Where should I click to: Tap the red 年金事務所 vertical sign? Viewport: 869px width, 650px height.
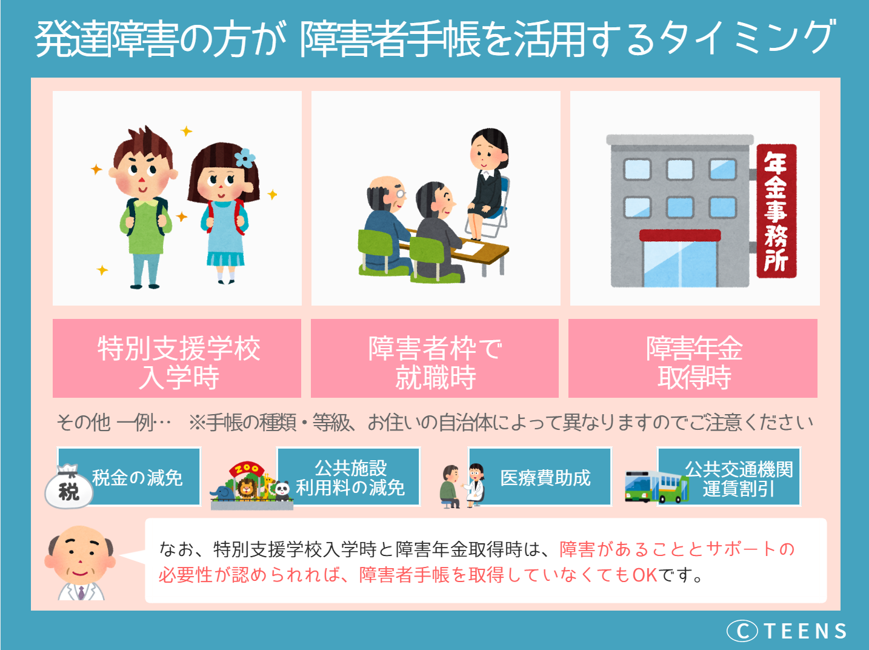coord(776,211)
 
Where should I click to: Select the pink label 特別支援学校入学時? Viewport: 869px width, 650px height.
coord(177,362)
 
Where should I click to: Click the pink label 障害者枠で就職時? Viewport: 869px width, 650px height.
coord(435,362)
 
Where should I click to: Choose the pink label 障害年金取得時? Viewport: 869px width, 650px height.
coord(693,362)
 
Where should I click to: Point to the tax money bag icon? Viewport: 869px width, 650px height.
coord(69,486)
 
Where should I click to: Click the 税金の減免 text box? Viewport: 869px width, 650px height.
coord(138,478)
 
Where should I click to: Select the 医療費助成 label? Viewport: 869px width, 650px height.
coord(545,478)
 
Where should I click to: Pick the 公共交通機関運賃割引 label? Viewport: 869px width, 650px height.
coord(739,478)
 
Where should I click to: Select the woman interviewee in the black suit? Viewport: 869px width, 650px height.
coord(487,182)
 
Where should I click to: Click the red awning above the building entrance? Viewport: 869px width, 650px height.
coord(680,235)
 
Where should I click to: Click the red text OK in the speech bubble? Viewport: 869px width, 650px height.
coord(645,574)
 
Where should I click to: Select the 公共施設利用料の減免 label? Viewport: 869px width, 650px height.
coord(350,478)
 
